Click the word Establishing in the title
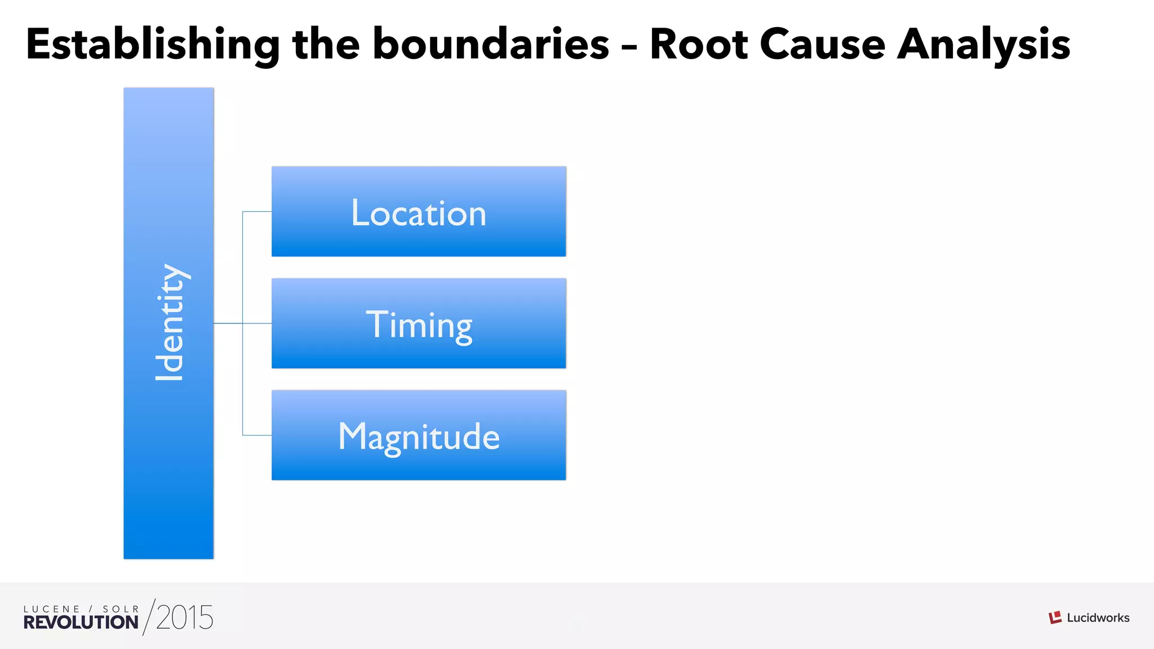point(152,45)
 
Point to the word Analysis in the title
point(983,45)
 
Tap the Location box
point(419,212)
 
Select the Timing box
point(419,323)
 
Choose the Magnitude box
point(419,435)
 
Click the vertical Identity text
point(170,322)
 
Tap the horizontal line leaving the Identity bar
point(228,323)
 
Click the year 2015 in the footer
point(185,618)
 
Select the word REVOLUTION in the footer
point(81,623)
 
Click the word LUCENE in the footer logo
point(51,609)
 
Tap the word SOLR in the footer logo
point(121,609)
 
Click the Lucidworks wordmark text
point(1098,618)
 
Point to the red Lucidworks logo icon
point(1055,617)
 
